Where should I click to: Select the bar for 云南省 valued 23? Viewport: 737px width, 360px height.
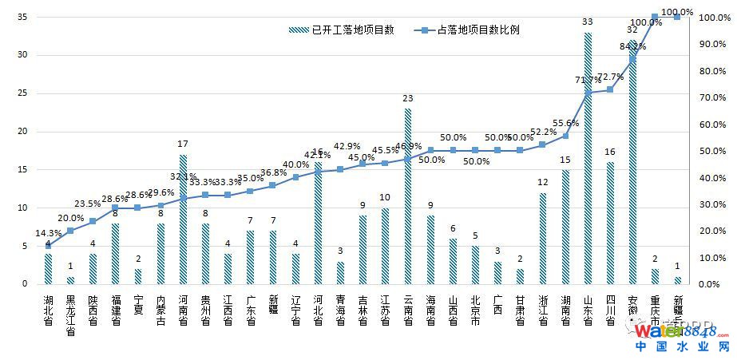(407, 196)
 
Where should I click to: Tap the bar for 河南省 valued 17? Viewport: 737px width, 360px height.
(183, 220)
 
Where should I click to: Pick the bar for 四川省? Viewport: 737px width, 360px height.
(610, 223)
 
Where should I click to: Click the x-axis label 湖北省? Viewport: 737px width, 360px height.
(48, 310)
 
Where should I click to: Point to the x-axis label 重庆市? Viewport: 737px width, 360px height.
(655, 310)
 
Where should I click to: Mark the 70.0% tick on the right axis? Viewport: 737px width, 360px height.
(711, 97)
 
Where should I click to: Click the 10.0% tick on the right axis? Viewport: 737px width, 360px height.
(711, 258)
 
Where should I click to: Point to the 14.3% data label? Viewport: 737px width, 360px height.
(48, 233)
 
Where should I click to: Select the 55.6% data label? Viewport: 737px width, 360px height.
(565, 123)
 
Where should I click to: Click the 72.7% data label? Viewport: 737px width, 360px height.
(610, 77)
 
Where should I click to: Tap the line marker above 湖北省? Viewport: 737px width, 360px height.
(48, 246)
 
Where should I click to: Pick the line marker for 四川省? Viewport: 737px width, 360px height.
(610, 89)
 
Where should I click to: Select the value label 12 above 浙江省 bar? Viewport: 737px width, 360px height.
(543, 183)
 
